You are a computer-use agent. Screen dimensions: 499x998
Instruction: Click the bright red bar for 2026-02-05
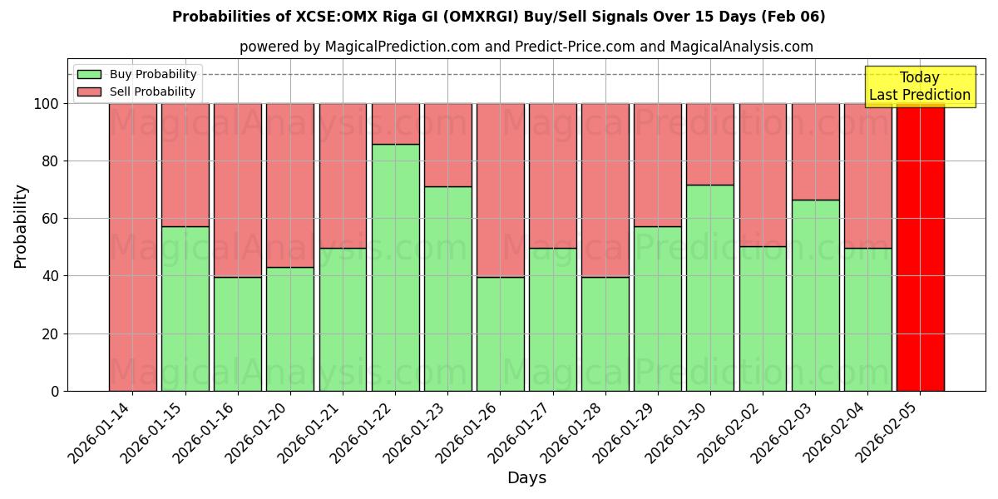click(x=920, y=247)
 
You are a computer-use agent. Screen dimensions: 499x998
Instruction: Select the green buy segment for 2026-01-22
click(x=395, y=267)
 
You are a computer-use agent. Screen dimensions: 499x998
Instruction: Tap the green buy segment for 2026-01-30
click(x=710, y=288)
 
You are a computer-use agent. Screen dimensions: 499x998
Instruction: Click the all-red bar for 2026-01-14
click(x=132, y=247)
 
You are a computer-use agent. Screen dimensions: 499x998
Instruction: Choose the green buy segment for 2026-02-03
click(x=815, y=295)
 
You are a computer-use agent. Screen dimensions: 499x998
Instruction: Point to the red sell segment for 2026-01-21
click(x=343, y=175)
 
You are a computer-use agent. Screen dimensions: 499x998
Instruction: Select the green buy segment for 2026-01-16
click(x=238, y=333)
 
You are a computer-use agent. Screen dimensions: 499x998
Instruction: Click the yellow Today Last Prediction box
click(x=920, y=86)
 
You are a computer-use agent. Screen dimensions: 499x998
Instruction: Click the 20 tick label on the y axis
click(x=51, y=333)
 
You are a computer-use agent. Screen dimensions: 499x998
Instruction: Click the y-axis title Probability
click(x=21, y=225)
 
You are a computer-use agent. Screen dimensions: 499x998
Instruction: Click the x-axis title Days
click(x=526, y=478)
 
